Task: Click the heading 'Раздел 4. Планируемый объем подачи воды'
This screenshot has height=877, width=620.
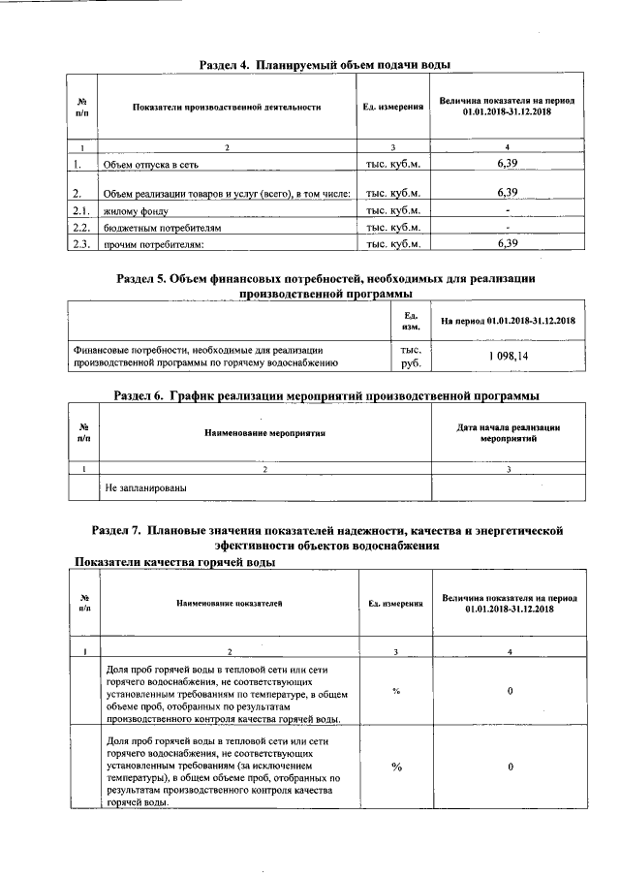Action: pos(324,64)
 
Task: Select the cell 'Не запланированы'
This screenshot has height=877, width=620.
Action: pos(145,487)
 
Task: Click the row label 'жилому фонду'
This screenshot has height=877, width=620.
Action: pos(137,210)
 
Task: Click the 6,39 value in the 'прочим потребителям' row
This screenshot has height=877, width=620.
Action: pos(507,243)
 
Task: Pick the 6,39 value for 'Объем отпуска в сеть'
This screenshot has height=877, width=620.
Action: pos(507,166)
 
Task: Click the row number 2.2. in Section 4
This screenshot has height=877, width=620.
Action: pos(81,227)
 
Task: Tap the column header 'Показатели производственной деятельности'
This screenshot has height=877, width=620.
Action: pos(227,107)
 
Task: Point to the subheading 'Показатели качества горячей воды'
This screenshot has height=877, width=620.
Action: pos(175,563)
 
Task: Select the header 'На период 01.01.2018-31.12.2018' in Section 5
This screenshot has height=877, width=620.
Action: pos(507,321)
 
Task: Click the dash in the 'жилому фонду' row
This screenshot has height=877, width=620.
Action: pos(507,210)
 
